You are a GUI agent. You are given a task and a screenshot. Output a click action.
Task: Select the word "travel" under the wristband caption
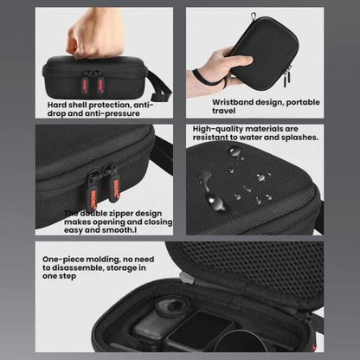pyautogui.click(x=224, y=111)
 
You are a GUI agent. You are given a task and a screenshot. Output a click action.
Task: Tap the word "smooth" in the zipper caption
pyautogui.click(x=117, y=230)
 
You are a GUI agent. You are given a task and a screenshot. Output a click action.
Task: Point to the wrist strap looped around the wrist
pyautogui.click(x=209, y=79)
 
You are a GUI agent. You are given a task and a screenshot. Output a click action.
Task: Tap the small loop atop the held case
pyautogui.click(x=254, y=16)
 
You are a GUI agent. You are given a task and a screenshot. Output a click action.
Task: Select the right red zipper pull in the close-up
pyautogui.click(x=116, y=188)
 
